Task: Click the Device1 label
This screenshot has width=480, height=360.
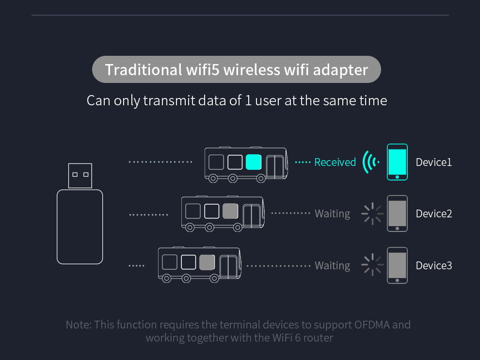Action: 433,162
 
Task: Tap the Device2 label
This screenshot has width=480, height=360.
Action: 433,213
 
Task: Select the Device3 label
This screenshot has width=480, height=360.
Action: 433,265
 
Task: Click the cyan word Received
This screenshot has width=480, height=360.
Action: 335,162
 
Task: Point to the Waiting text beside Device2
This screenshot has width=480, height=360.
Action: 332,213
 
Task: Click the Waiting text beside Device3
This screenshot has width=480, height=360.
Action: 332,265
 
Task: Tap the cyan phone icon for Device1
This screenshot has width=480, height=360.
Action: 397,162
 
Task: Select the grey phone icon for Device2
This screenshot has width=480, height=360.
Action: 397,213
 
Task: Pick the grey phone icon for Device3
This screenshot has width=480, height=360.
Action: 397,265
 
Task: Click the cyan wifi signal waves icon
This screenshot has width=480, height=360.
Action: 371,162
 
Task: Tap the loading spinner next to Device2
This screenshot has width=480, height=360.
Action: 372,213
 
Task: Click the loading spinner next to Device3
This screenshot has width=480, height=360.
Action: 372,265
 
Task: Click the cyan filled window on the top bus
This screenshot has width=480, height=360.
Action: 254,162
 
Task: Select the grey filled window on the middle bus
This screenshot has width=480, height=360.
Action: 230,211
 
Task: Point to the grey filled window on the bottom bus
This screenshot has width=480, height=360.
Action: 207,262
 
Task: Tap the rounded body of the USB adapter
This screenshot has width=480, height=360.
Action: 80,227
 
